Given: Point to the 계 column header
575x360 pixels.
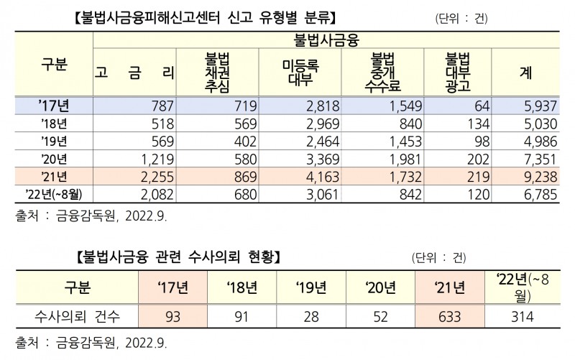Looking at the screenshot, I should click(x=525, y=72).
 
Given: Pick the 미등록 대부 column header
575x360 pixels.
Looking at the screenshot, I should click(x=300, y=72).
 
